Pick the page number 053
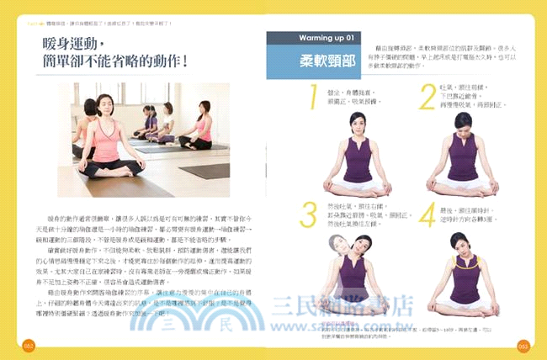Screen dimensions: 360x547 521,344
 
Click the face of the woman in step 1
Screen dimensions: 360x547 354,124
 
